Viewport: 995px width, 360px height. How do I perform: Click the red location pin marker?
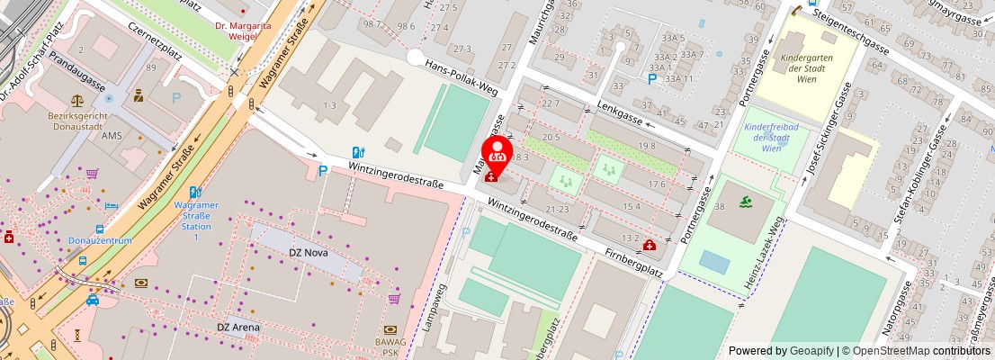point(497,153)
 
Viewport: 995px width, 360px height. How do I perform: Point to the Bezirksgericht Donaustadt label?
point(79,122)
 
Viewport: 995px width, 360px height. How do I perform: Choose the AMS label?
point(112,135)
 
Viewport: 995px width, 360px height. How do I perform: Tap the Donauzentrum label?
point(100,241)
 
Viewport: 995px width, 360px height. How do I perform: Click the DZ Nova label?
point(308,253)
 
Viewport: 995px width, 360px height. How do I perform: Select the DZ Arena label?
point(238,327)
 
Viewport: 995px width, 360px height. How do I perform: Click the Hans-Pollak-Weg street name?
point(462,76)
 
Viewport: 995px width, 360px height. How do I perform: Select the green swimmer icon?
point(743,202)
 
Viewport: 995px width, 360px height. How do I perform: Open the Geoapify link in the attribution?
point(812,351)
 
